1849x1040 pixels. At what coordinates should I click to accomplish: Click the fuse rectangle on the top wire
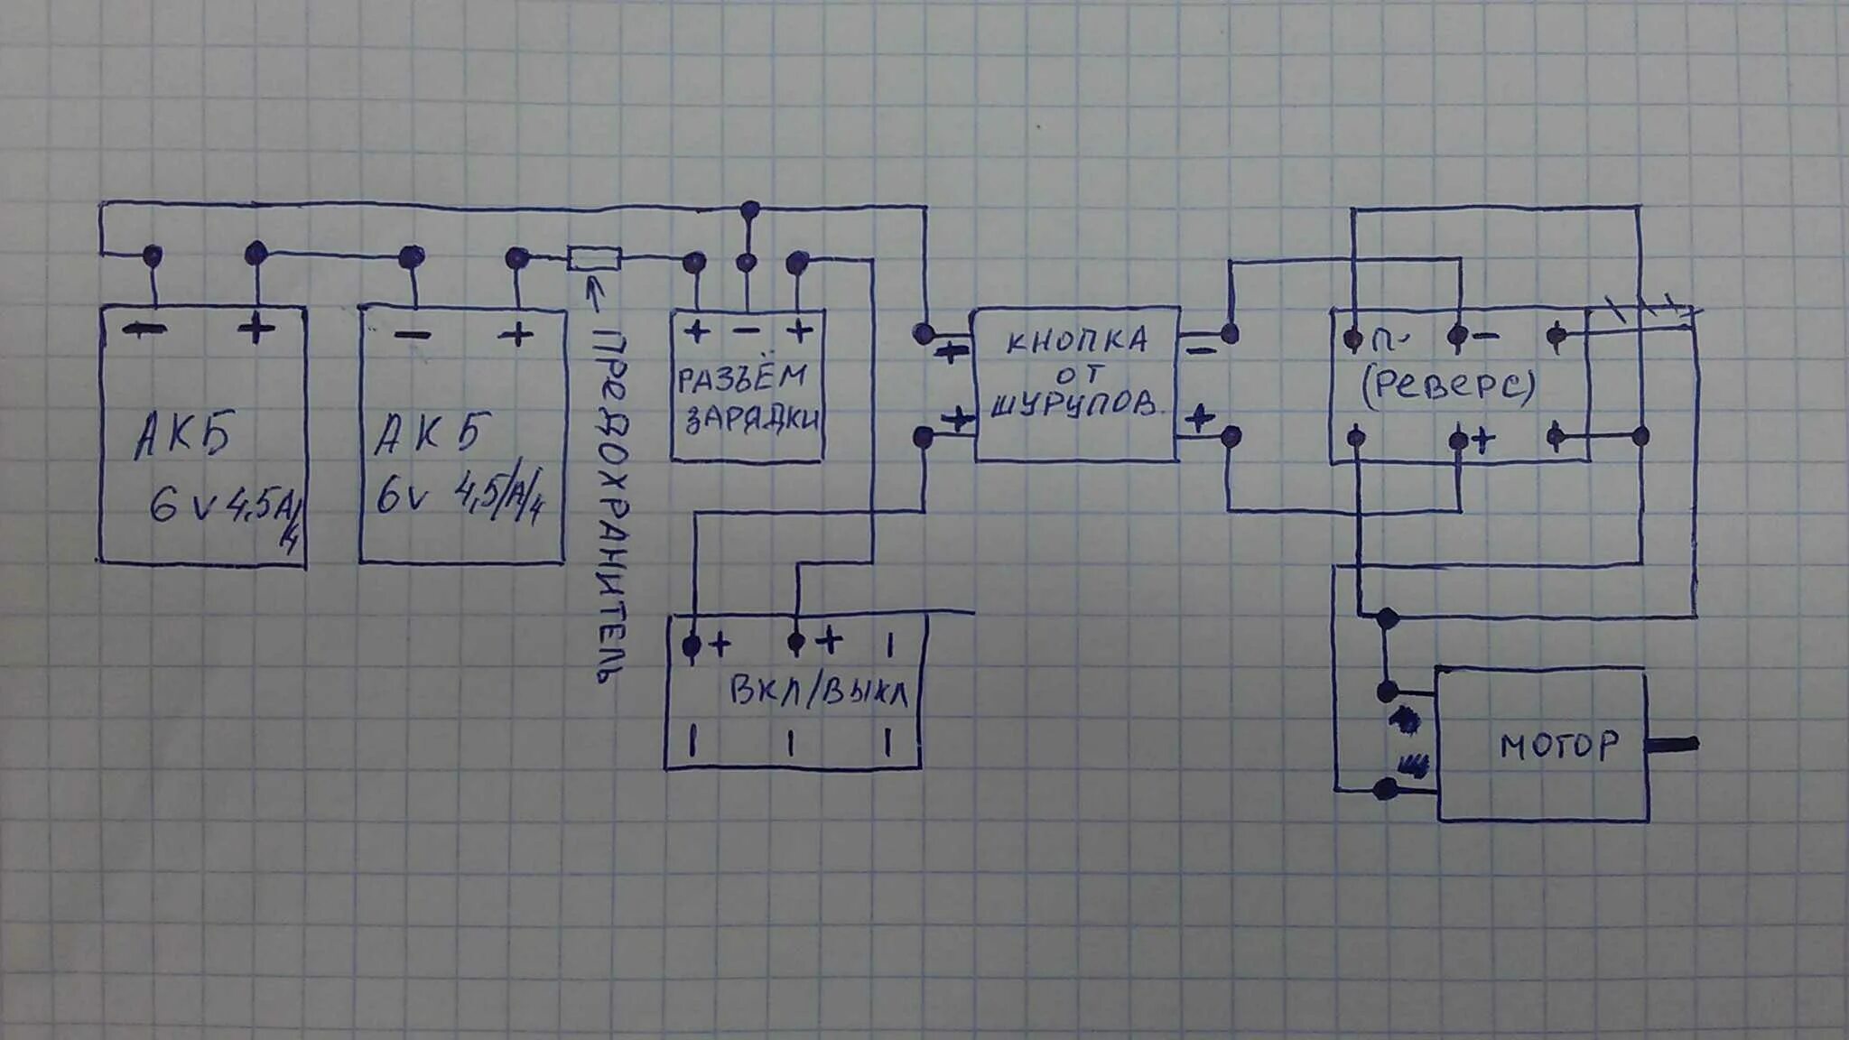click(594, 258)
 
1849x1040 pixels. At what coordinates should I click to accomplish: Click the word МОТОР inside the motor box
click(1558, 746)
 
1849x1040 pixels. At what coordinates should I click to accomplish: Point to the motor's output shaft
click(1672, 745)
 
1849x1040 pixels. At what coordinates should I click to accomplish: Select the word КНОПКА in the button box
click(1077, 341)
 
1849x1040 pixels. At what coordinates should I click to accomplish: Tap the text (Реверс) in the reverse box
click(1448, 386)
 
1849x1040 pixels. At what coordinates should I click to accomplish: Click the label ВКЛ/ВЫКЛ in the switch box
click(818, 693)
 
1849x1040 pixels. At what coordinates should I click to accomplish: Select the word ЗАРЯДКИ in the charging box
click(752, 419)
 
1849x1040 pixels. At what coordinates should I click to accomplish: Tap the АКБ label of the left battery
click(184, 435)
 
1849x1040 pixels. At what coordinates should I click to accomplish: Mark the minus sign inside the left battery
click(144, 331)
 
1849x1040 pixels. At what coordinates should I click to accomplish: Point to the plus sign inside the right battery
click(516, 335)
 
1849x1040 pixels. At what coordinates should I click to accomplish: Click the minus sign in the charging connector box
click(747, 331)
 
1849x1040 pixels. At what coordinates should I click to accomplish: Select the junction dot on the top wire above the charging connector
click(749, 211)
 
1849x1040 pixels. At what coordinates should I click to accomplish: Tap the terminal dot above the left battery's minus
click(153, 255)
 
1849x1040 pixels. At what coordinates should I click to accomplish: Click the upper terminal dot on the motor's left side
click(1387, 692)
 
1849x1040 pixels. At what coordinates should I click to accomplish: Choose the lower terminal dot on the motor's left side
click(1384, 790)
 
